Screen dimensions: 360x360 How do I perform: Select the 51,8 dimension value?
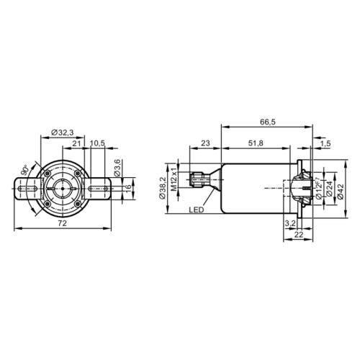253,145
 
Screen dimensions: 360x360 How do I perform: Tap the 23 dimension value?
204,145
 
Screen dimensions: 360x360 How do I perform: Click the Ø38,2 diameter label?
163,189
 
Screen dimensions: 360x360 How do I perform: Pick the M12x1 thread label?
174,189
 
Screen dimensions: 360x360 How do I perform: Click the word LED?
196,211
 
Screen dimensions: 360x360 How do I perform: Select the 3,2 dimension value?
290,224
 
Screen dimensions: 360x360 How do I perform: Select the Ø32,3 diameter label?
64,132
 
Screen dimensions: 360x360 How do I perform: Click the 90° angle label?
25,171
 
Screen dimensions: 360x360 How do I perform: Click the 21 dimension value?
76,144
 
